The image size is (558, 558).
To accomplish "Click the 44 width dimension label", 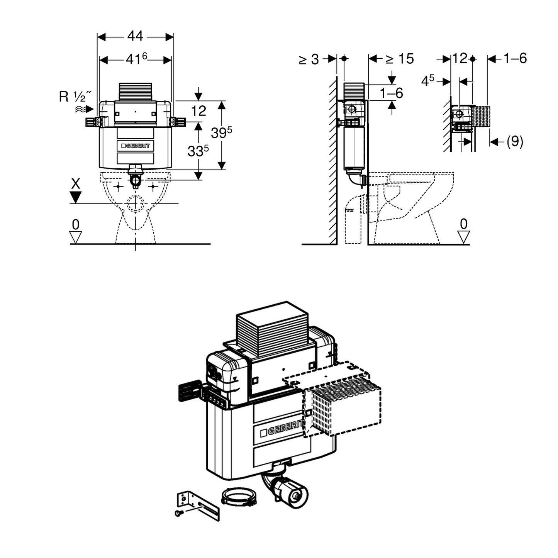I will (x=135, y=36).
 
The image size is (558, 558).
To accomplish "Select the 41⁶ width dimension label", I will (x=136, y=59).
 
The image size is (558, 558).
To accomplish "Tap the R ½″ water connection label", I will (x=76, y=97).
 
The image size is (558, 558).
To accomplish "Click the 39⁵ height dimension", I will (x=221, y=133).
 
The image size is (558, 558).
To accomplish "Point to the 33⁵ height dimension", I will (x=198, y=151).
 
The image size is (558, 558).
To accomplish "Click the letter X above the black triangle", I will (x=76, y=184).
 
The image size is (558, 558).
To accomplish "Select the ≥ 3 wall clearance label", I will (x=309, y=59).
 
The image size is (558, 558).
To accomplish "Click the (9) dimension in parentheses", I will (x=514, y=142).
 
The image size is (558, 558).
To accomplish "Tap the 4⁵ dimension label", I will (x=427, y=81).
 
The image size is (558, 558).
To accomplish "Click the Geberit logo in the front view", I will (x=135, y=146).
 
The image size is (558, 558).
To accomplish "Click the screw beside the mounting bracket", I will (x=178, y=513).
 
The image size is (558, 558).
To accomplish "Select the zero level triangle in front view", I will (x=76, y=237).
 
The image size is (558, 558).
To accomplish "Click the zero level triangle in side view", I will (x=463, y=237).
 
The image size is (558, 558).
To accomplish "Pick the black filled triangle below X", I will (x=76, y=197).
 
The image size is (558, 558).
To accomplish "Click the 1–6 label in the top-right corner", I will (x=515, y=58).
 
